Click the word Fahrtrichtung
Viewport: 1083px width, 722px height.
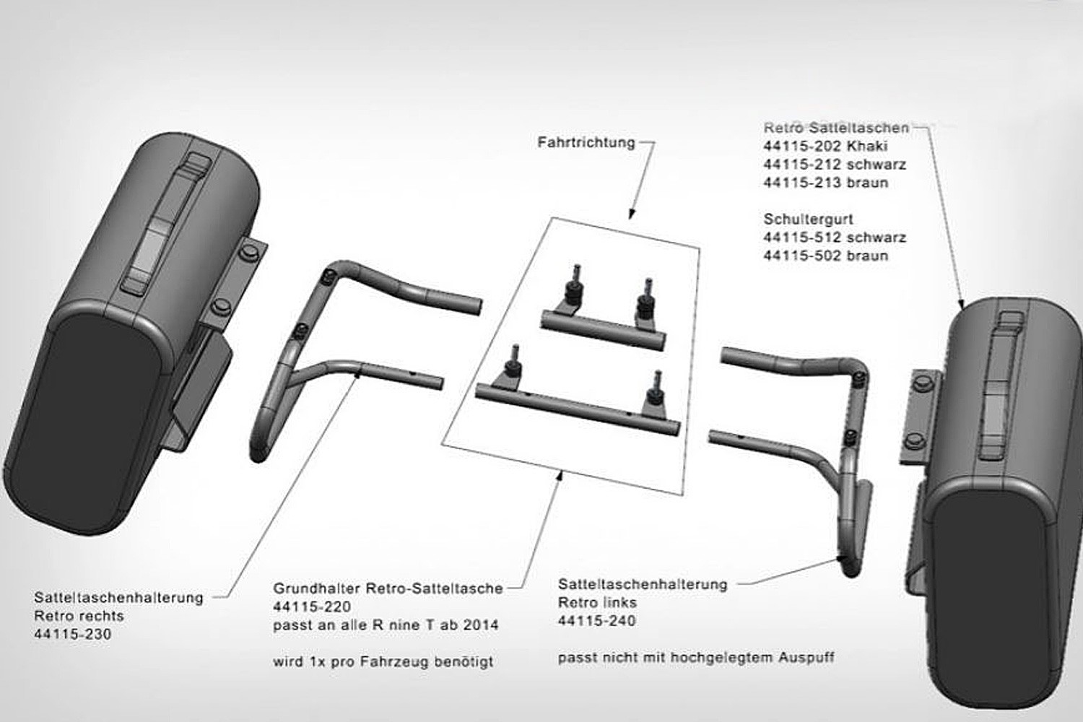(x=586, y=143)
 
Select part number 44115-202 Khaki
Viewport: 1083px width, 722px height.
(x=826, y=146)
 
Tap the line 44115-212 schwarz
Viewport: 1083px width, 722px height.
(x=835, y=165)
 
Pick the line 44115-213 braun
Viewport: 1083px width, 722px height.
(x=826, y=183)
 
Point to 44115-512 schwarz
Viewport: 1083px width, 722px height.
(x=835, y=238)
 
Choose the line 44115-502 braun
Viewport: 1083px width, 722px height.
(x=826, y=256)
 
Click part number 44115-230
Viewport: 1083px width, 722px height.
(x=72, y=634)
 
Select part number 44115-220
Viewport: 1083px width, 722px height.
(x=312, y=606)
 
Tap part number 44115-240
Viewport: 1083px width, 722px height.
(x=596, y=620)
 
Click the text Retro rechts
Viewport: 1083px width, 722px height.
(x=79, y=616)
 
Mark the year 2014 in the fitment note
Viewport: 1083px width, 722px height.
(x=481, y=625)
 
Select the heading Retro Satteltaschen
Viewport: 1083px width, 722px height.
(x=836, y=128)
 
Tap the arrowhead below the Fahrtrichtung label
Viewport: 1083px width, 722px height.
(x=631, y=214)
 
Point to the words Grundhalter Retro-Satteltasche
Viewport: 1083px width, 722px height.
(x=388, y=588)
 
